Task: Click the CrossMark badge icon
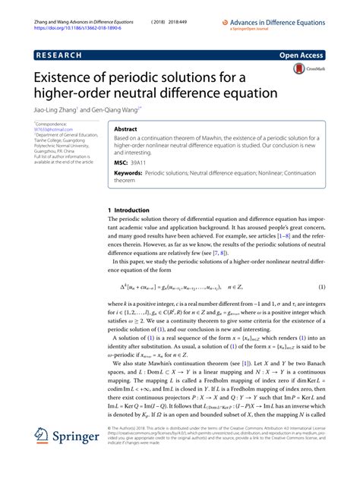[301, 70]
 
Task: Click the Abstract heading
[129, 130]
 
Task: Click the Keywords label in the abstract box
[128, 173]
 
